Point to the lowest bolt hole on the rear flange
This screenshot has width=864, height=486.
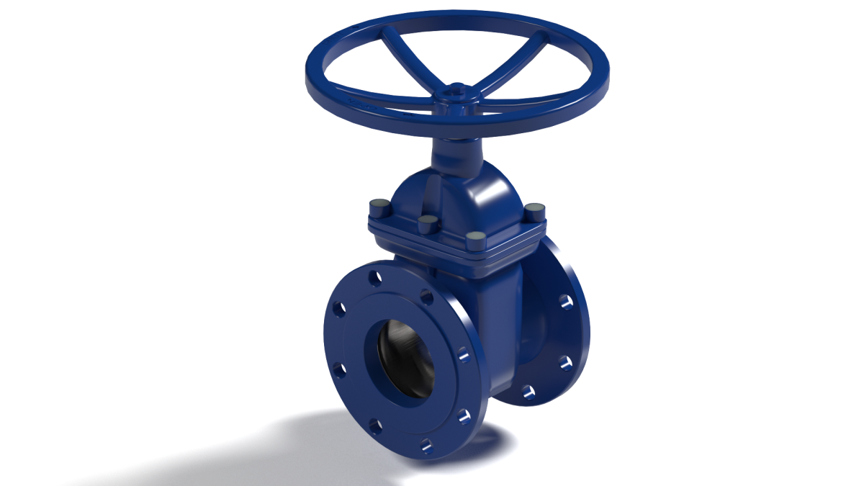point(528,392)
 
